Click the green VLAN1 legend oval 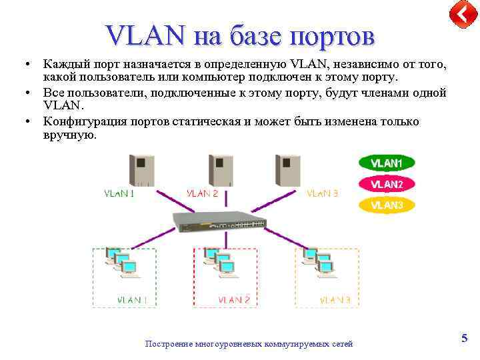pos(387,163)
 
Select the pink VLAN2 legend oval pos(387,184)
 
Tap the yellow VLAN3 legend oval pos(387,205)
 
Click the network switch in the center pos(219,220)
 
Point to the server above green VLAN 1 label pos(141,171)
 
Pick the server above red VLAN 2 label pos(221,171)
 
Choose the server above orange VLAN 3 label pos(288,171)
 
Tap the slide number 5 pos(464,339)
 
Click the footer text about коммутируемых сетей pos(249,344)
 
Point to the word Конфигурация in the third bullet pos(83,122)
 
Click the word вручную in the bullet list pos(70,135)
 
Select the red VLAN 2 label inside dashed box pos(234,300)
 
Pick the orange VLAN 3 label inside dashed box pos(335,300)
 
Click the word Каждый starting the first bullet pos(65,65)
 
